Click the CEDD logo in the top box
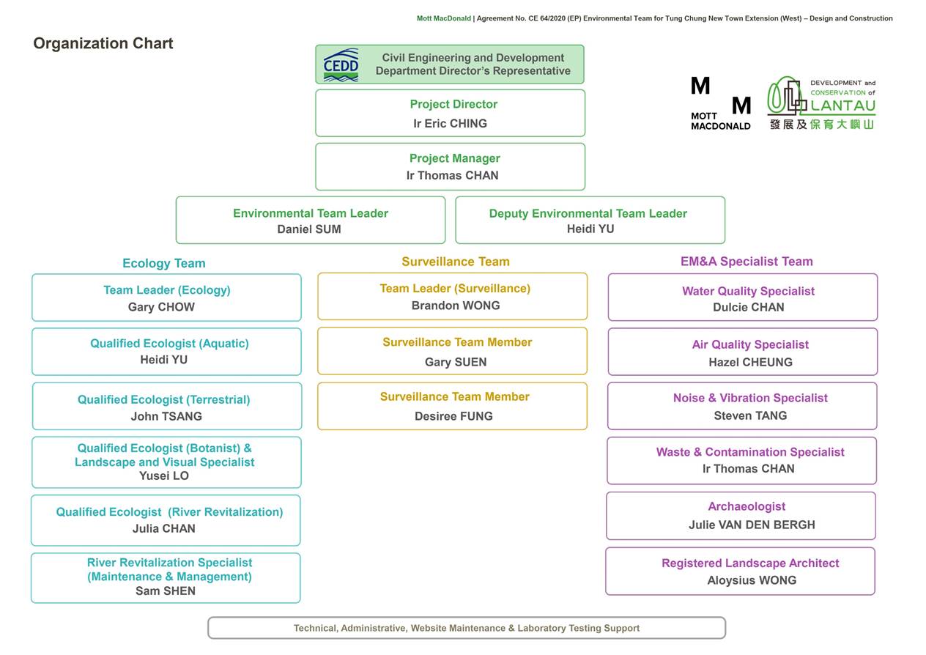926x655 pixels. (341, 65)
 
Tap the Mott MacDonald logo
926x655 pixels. (720, 103)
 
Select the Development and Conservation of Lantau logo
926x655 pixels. (821, 103)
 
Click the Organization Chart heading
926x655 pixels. (103, 43)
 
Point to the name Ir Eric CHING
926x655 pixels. (450, 123)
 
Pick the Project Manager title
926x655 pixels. (454, 158)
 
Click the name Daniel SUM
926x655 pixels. (308, 229)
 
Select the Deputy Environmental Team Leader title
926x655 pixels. (588, 213)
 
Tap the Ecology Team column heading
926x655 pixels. (163, 263)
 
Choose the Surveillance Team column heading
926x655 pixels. (455, 262)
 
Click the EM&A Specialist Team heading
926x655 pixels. (746, 262)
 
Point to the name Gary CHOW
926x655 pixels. (161, 307)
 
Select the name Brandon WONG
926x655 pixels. (455, 306)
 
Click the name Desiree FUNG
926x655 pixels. (453, 416)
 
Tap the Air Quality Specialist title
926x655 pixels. (750, 344)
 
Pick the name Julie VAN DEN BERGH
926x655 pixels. (751, 525)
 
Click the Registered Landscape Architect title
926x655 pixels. (749, 563)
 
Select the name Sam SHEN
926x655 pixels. (165, 591)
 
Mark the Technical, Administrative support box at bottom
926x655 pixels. (466, 628)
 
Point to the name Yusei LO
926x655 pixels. (163, 475)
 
